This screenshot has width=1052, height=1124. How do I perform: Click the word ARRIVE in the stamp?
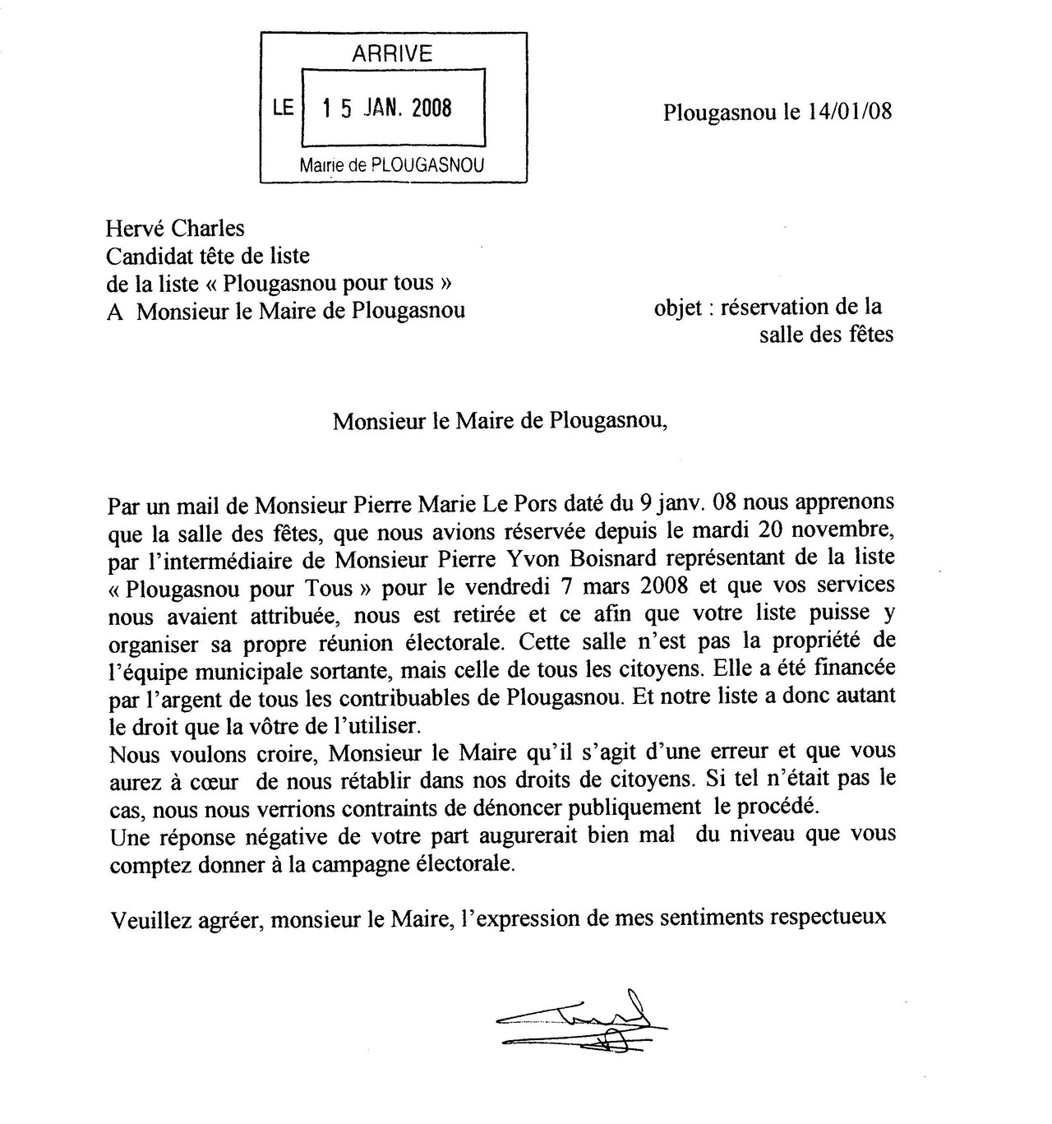[392, 54]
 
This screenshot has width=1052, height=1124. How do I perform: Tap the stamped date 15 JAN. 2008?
[386, 108]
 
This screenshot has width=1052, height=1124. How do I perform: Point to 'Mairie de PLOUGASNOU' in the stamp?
[392, 164]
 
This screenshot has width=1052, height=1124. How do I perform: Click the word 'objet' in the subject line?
[677, 308]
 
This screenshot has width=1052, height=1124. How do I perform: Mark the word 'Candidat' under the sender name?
[149, 256]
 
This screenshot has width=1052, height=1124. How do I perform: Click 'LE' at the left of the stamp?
[284, 108]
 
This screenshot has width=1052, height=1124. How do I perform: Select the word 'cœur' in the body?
[216, 780]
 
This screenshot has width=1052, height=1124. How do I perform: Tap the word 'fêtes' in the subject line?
[866, 335]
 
